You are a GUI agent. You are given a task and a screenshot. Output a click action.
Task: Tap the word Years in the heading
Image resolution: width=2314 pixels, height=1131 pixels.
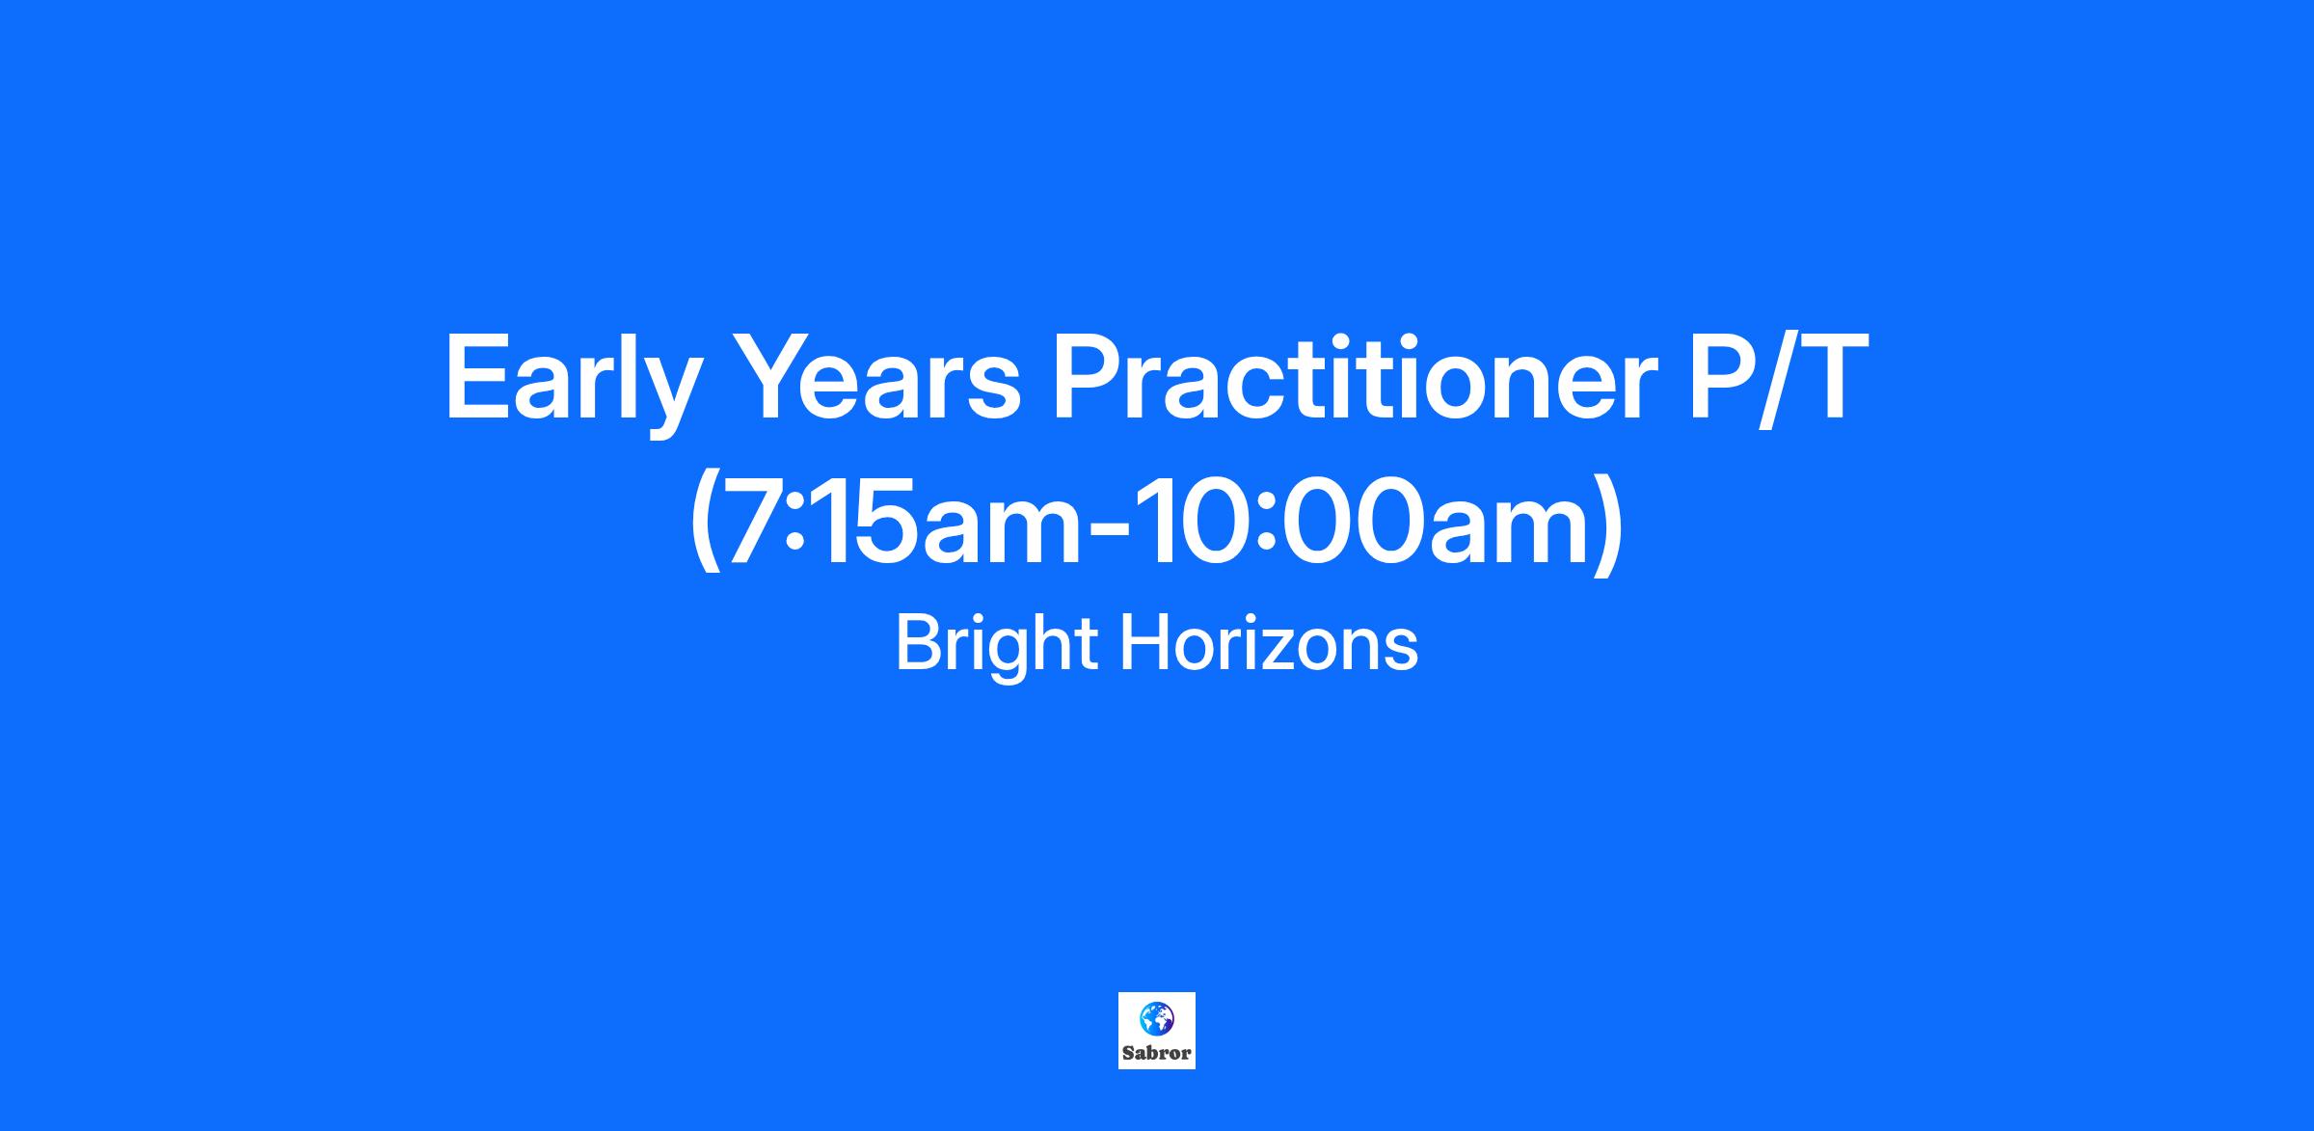[x=880, y=376]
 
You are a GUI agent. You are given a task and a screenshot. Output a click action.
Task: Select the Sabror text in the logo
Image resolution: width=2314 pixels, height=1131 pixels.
[x=1156, y=1053]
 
